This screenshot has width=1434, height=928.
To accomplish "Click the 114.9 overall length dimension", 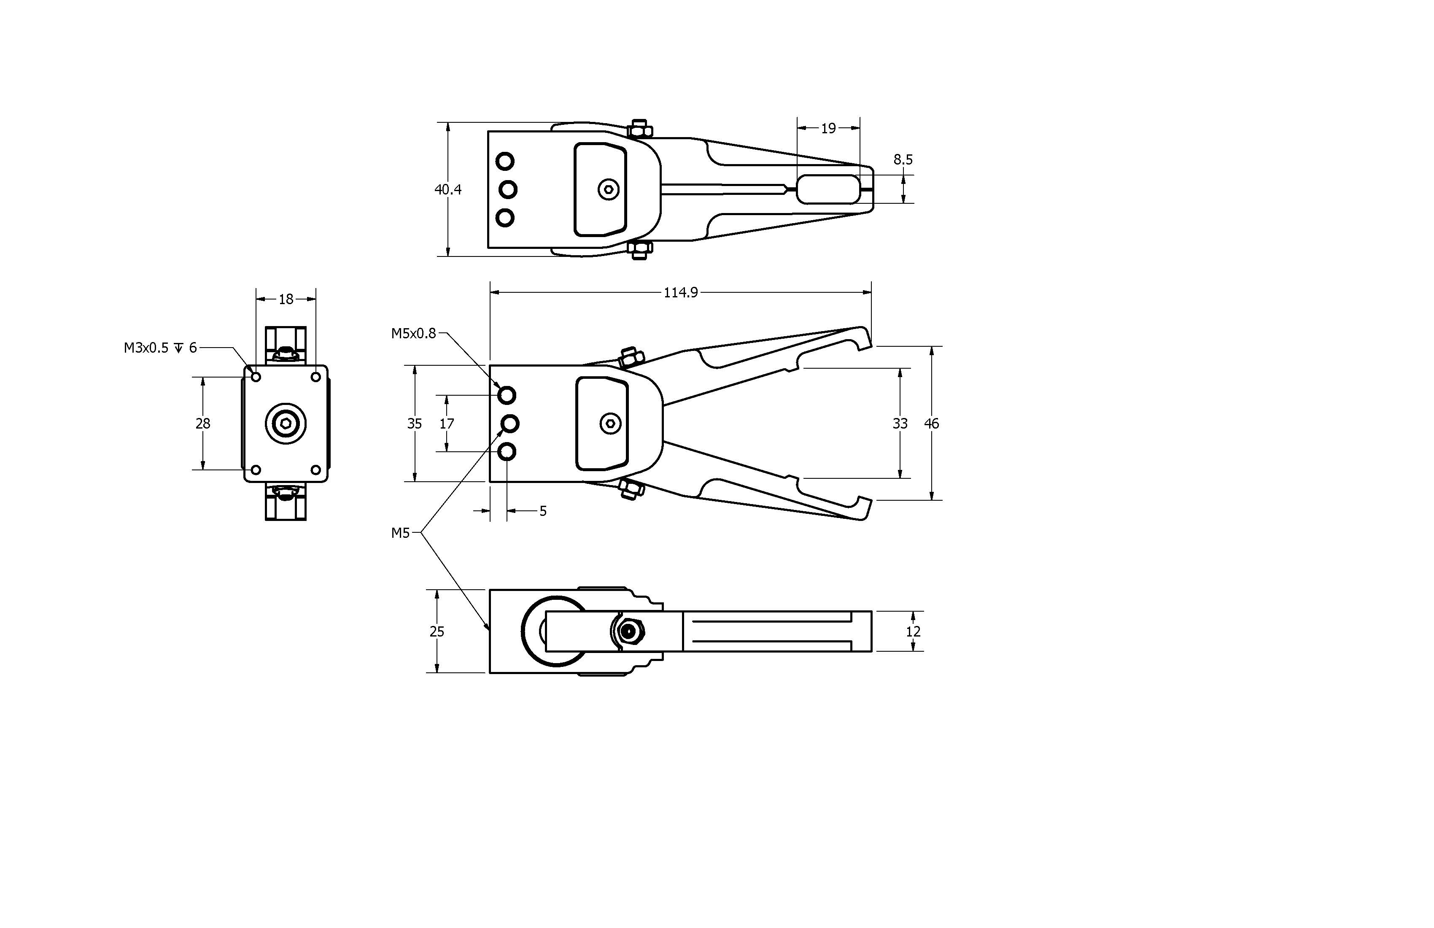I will (x=680, y=293).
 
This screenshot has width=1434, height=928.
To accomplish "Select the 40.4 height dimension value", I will (x=447, y=190).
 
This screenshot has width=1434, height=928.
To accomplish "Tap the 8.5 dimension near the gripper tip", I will (x=903, y=160).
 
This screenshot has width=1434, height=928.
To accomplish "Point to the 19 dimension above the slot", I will (x=828, y=128).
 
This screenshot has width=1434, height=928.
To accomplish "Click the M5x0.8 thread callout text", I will (x=413, y=334).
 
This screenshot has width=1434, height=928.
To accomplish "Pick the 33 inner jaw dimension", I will (x=900, y=424).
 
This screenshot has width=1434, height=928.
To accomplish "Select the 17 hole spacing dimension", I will (x=447, y=424).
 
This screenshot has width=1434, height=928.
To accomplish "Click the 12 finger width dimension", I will (x=913, y=631).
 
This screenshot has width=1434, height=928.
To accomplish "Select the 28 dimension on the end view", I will (x=202, y=424).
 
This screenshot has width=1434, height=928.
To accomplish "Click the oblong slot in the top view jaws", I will (x=828, y=189).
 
